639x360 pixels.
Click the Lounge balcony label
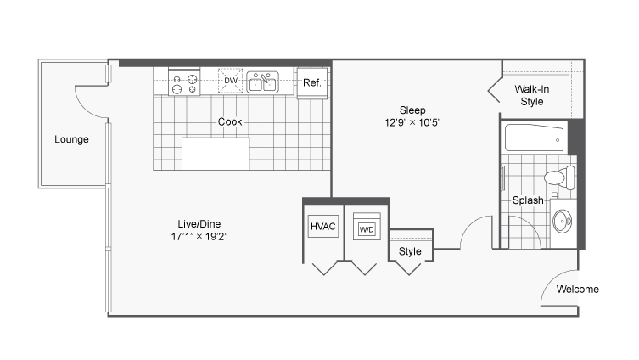tap(72, 139)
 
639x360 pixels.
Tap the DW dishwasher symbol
tap(231, 81)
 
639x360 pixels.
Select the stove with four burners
tap(184, 82)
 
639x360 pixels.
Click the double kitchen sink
tap(263, 82)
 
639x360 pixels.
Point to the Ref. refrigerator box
tap(312, 83)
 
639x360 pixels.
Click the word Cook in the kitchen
tap(230, 121)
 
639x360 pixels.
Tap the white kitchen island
tap(216, 154)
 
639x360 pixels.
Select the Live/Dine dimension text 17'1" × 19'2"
tap(199, 237)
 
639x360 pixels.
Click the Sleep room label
tap(412, 110)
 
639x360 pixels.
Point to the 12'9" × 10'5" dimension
tap(412, 122)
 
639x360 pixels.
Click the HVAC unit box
tap(323, 227)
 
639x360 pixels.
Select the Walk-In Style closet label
tap(532, 95)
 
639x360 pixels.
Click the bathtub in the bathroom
tap(535, 138)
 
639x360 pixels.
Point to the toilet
tap(560, 177)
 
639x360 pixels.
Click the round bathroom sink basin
tap(563, 222)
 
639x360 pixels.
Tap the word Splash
tap(528, 200)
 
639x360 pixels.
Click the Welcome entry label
tap(577, 289)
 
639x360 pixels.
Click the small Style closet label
tap(410, 251)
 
